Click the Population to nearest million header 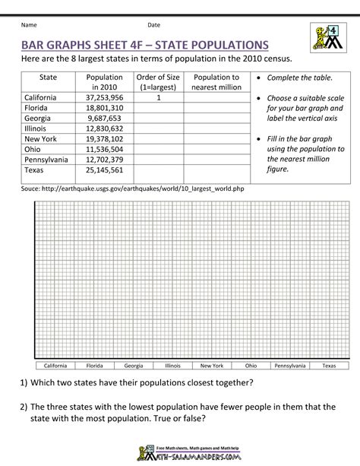tap(216, 82)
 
